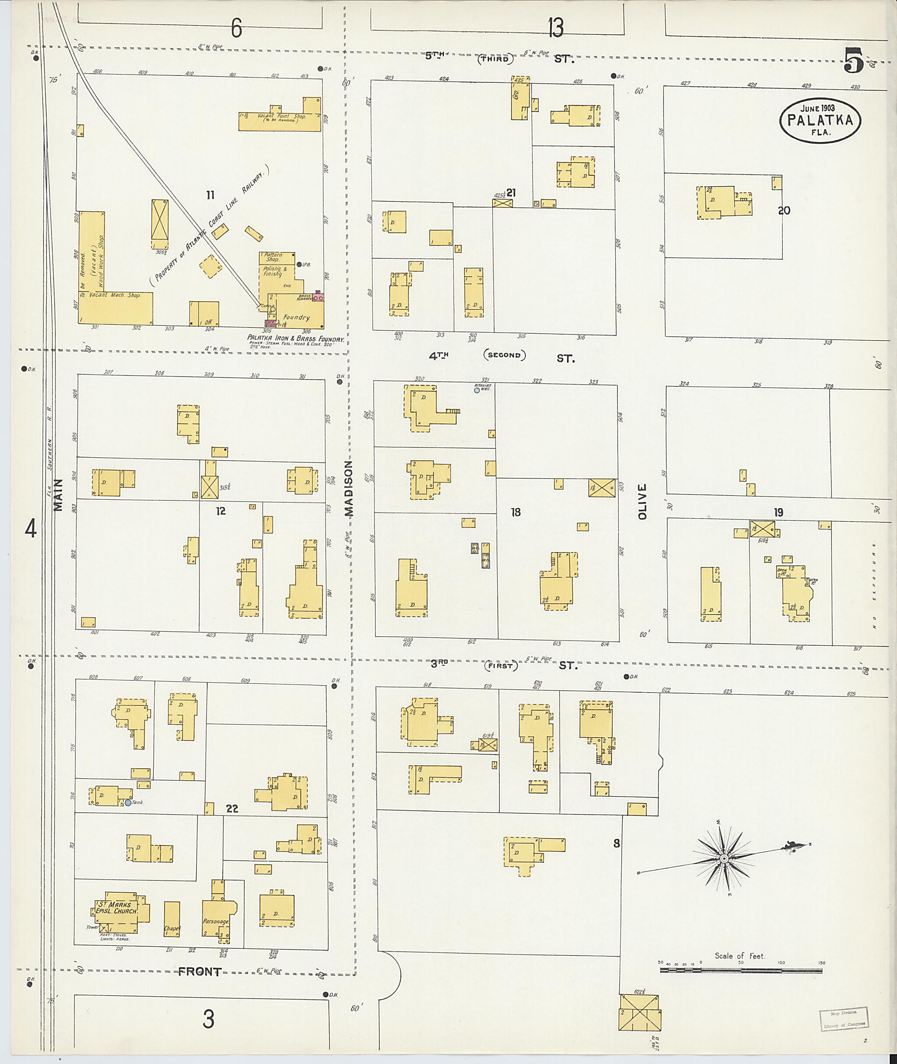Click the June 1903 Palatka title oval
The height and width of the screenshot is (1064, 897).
coord(820,120)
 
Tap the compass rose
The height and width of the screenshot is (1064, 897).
coord(723,859)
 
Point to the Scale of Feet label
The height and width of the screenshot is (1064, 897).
coord(739,956)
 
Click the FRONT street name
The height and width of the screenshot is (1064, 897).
coord(199,972)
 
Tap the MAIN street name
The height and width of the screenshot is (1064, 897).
coord(58,495)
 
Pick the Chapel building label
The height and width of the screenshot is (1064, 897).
coord(172,928)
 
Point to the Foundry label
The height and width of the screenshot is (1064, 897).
coord(297,318)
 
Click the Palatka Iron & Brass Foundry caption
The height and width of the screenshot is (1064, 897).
coord(296,338)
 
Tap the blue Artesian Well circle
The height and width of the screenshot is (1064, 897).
coord(477,390)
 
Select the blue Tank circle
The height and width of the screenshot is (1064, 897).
coord(127,802)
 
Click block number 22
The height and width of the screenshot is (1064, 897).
coord(232,809)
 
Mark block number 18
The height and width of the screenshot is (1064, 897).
coord(516,512)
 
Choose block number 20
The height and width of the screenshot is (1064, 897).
coord(784,210)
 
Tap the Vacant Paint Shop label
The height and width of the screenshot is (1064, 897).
coord(281,117)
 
